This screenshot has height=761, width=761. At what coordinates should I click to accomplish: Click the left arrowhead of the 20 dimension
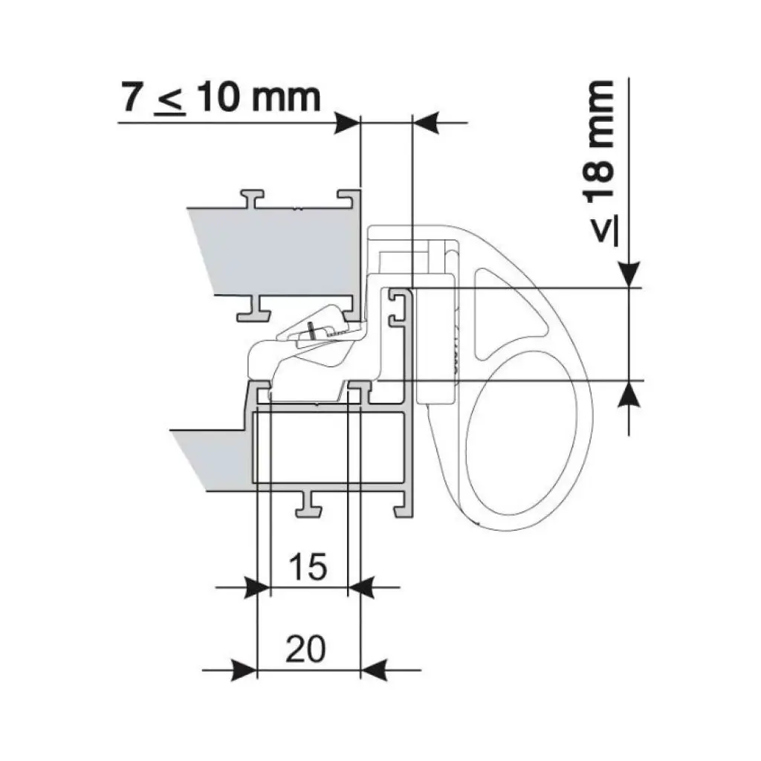click(x=244, y=670)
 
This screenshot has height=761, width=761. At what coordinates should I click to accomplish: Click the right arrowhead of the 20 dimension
click(x=375, y=670)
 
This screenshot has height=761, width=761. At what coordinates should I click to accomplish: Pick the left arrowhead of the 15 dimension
click(x=256, y=587)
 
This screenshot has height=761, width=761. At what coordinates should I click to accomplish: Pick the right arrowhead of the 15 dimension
click(x=362, y=587)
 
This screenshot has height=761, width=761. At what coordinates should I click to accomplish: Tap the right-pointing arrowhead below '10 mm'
click(x=348, y=123)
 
